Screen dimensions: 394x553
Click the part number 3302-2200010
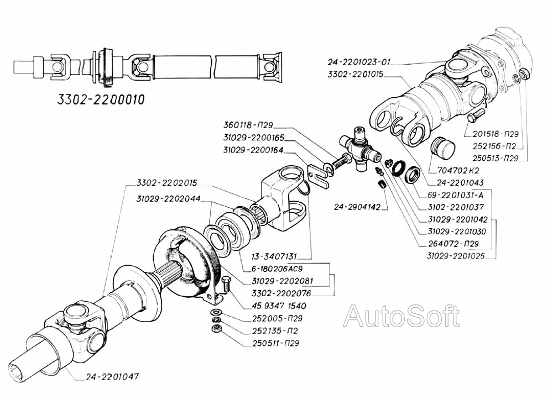101,100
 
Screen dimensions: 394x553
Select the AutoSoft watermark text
401,316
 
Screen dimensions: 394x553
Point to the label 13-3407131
275,256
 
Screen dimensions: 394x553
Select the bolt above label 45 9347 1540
226,286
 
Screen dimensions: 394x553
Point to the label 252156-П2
494,146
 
